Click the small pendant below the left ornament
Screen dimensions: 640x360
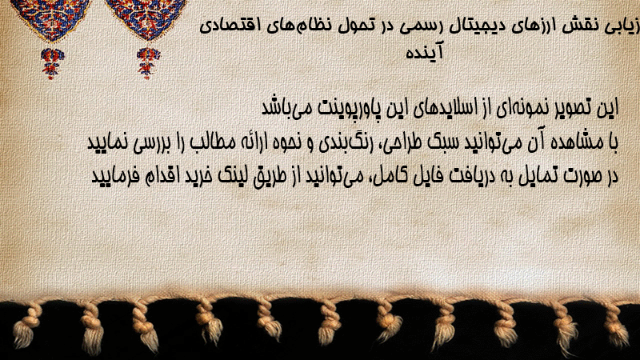click(52, 63)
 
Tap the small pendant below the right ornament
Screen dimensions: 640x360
click(148, 62)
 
